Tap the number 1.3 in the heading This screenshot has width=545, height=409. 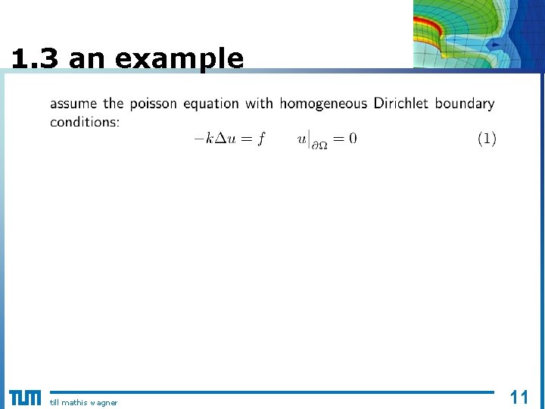point(35,58)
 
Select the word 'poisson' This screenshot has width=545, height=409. point(154,104)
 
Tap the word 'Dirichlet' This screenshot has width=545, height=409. point(402,103)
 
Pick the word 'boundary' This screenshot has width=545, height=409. point(465,104)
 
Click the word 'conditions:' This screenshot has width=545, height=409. point(85,122)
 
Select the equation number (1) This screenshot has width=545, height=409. point(487,139)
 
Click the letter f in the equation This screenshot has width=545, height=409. point(261,139)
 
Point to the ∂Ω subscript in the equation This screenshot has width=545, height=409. point(320,145)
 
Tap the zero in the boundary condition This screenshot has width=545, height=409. point(353,139)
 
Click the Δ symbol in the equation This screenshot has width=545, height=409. point(221,139)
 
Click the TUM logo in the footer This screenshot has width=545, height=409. point(25,398)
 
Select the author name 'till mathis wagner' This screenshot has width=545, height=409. point(83,402)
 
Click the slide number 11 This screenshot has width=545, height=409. point(519,397)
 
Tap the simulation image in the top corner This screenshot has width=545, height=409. point(478,34)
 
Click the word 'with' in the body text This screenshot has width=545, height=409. point(260,104)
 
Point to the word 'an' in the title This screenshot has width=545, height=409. point(84,59)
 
